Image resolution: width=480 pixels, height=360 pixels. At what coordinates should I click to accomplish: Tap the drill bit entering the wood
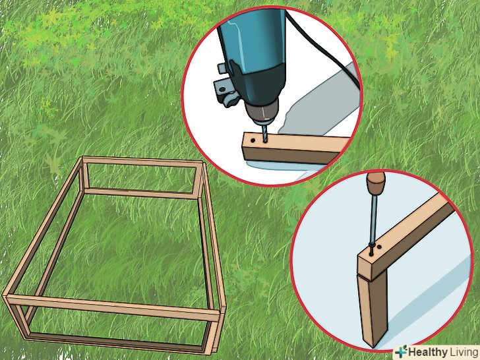264,133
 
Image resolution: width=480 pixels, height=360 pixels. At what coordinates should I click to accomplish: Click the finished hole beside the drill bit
253,140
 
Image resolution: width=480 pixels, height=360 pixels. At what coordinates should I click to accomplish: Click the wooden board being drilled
294,148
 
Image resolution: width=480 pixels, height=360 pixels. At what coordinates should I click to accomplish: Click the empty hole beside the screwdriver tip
379,247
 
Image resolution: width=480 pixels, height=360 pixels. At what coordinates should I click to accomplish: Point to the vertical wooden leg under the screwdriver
373,309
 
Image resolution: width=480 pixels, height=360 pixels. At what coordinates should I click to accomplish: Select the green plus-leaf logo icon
401,351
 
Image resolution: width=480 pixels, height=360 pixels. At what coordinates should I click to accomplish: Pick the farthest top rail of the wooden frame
142,162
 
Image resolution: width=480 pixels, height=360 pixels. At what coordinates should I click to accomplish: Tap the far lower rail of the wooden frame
140,193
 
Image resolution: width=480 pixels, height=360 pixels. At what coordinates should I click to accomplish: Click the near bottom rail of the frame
116,344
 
